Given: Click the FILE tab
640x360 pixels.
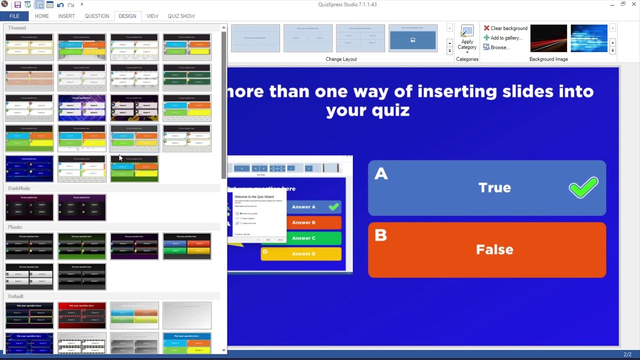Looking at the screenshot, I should [x=14, y=16].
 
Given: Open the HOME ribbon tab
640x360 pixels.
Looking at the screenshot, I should [x=41, y=16].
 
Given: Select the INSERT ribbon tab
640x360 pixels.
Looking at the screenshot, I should [x=66, y=16].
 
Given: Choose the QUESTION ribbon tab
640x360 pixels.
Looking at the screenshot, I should [x=96, y=16].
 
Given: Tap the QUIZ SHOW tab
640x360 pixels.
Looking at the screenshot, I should [x=181, y=16].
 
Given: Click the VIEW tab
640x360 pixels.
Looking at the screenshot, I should [x=152, y=16].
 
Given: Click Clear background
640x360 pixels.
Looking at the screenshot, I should [x=505, y=28].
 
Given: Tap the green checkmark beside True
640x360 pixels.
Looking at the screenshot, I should [x=583, y=187].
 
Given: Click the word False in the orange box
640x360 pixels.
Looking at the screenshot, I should [x=494, y=249].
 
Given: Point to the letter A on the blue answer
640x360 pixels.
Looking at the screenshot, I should [x=381, y=173].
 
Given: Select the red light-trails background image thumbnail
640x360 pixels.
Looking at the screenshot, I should [x=548, y=38].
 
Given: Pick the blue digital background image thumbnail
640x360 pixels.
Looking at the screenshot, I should [x=588, y=38].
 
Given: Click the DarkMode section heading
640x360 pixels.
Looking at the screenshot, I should [x=19, y=188].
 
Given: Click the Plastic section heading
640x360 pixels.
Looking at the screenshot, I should [x=15, y=227].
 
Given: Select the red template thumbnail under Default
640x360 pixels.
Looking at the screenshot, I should [x=82, y=315].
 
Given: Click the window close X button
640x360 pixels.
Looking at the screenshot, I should [x=634, y=4].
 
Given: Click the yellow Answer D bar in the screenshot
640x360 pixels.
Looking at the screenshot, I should [x=301, y=254].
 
